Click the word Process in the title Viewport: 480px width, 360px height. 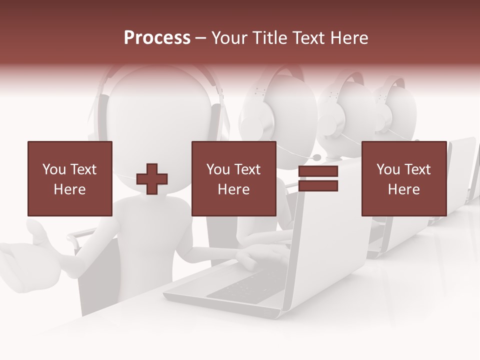tap(157, 38)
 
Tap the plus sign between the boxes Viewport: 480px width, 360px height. tap(152, 179)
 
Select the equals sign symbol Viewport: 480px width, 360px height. tap(318, 178)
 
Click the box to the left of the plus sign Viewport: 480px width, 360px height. tap(70, 178)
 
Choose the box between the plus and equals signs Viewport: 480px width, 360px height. tap(234, 178)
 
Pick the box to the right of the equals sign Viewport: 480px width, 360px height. tap(404, 178)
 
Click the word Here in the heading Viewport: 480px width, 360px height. tap(348, 38)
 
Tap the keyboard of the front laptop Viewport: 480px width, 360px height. tap(245, 287)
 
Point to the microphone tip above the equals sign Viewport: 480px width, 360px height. tap(317, 157)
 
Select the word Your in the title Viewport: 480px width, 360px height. tap(228, 38)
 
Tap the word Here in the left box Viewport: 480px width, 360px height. tap(70, 189)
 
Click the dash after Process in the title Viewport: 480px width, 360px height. tap(201, 38)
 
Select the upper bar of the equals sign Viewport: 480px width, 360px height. tap(318, 171)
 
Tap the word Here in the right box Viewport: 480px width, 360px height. tap(404, 189)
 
